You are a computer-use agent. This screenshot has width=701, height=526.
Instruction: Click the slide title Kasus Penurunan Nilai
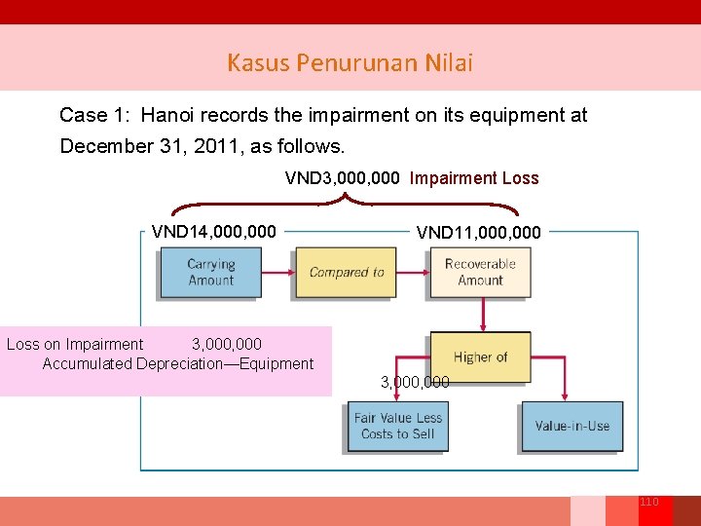350,63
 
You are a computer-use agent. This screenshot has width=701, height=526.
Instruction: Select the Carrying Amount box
210,272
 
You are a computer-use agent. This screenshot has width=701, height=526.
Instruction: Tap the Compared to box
346,272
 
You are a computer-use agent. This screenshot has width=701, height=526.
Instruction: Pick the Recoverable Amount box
480,272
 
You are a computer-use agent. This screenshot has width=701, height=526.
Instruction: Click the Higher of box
480,357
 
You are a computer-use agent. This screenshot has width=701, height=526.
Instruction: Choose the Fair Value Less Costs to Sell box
398,427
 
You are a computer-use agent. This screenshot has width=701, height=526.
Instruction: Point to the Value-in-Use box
572,427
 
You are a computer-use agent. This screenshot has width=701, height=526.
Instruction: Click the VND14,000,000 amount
214,232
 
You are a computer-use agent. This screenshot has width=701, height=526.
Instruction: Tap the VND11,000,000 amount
478,233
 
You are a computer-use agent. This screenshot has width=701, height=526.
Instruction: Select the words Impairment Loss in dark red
474,178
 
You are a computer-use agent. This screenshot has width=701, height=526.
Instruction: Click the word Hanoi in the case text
166,115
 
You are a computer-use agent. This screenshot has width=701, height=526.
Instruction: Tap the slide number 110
649,502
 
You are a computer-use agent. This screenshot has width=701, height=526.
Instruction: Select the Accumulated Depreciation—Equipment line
178,364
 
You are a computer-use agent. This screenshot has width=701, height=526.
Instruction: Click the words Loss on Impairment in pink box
75,344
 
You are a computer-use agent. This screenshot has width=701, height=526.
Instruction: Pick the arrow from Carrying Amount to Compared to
278,273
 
